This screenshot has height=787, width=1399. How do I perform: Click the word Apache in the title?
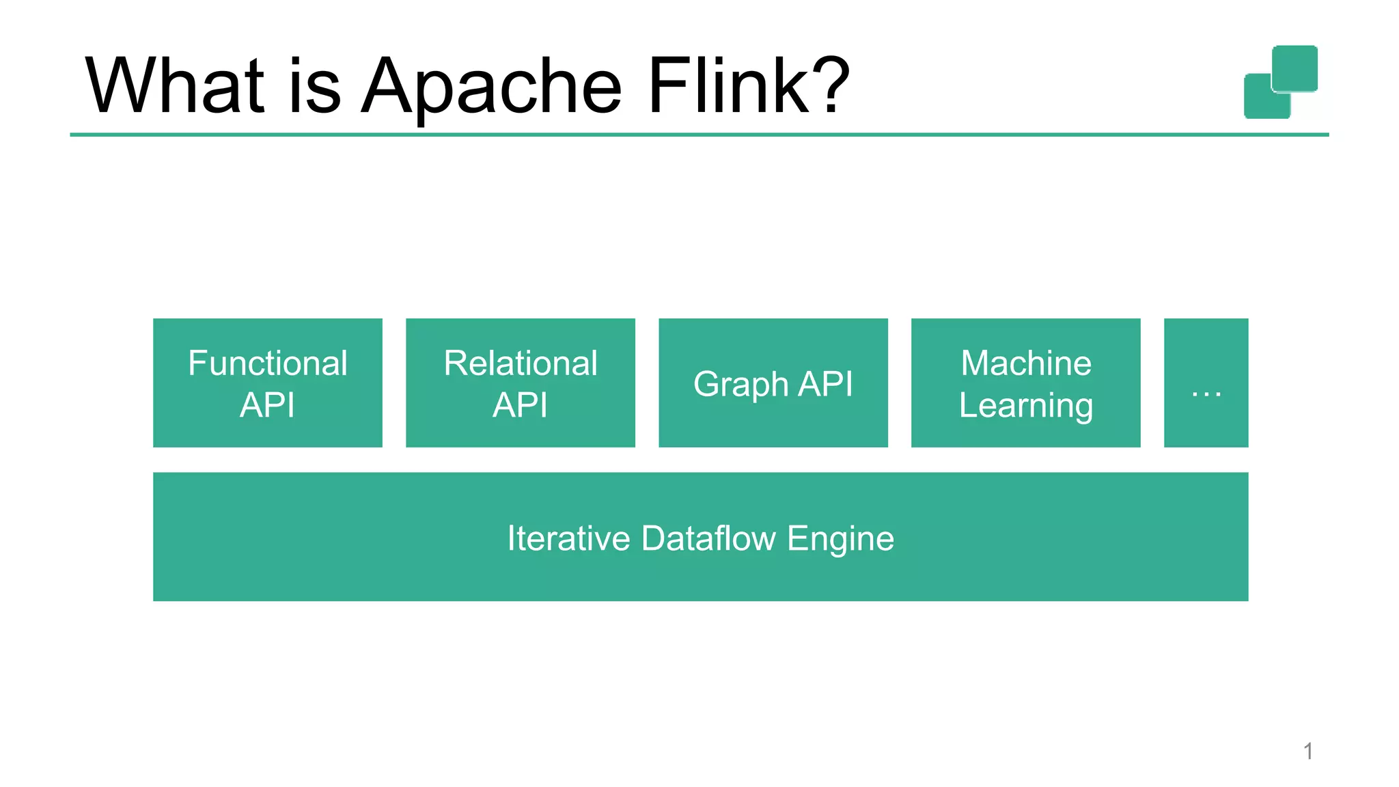click(x=490, y=87)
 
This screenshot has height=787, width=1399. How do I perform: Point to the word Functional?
click(x=267, y=363)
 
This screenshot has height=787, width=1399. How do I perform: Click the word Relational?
click(x=520, y=363)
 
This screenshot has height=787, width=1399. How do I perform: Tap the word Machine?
click(x=1025, y=363)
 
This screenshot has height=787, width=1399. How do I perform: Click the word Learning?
click(x=1025, y=406)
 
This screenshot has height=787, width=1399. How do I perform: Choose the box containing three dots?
click(x=1206, y=383)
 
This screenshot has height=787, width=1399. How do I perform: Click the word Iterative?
click(x=568, y=538)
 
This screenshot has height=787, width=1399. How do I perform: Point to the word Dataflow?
click(x=708, y=538)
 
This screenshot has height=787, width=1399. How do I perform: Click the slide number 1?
click(x=1307, y=751)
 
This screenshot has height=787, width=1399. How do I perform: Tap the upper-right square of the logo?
click(x=1294, y=68)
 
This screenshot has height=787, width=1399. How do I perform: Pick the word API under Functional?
click(x=267, y=405)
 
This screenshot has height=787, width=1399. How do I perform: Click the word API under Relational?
click(x=520, y=405)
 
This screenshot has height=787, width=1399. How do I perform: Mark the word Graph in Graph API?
click(x=741, y=385)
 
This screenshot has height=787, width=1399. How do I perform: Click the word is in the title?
click(x=314, y=87)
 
